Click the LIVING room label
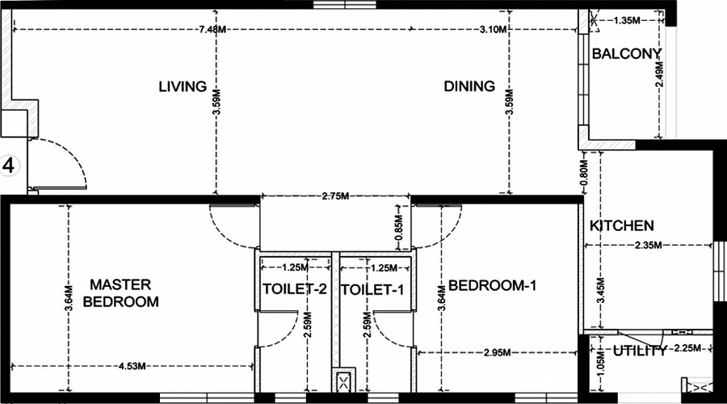(183, 86)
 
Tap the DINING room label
(469, 86)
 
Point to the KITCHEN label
(621, 225)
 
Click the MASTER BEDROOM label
(120, 292)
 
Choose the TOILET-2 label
(294, 288)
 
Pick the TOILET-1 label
(372, 288)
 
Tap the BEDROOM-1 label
(492, 285)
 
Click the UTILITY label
(640, 351)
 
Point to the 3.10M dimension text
(492, 30)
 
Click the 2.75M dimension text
(334, 196)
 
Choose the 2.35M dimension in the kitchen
(648, 245)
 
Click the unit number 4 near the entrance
(10, 166)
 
